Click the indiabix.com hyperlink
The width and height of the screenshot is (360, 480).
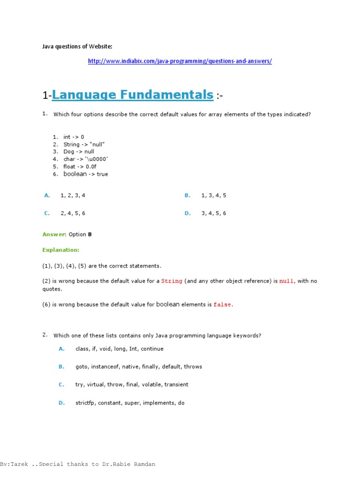(x=180, y=61)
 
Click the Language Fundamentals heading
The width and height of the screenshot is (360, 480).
(x=133, y=95)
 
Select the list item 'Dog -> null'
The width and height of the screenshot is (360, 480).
(x=79, y=152)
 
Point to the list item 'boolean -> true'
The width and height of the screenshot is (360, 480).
(x=85, y=174)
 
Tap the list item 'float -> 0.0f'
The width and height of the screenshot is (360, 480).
(x=80, y=167)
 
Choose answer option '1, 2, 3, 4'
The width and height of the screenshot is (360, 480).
(x=73, y=196)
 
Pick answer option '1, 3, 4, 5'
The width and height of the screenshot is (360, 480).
(x=214, y=196)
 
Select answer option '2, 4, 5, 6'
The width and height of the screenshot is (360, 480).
(x=73, y=214)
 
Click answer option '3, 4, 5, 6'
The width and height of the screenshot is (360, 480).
(x=214, y=214)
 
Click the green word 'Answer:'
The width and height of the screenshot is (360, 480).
(x=54, y=234)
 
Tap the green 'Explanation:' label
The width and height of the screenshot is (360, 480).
(x=61, y=250)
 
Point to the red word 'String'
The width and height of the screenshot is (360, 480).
(x=172, y=281)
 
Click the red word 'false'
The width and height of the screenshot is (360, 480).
(x=222, y=305)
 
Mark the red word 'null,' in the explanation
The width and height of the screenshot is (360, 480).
(x=287, y=281)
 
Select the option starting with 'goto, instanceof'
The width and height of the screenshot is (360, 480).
(x=138, y=367)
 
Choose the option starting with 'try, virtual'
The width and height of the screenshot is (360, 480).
(x=132, y=385)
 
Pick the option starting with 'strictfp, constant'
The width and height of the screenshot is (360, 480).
(x=130, y=403)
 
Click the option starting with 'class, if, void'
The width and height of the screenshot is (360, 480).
(x=119, y=349)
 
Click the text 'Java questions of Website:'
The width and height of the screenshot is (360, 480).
(x=77, y=46)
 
